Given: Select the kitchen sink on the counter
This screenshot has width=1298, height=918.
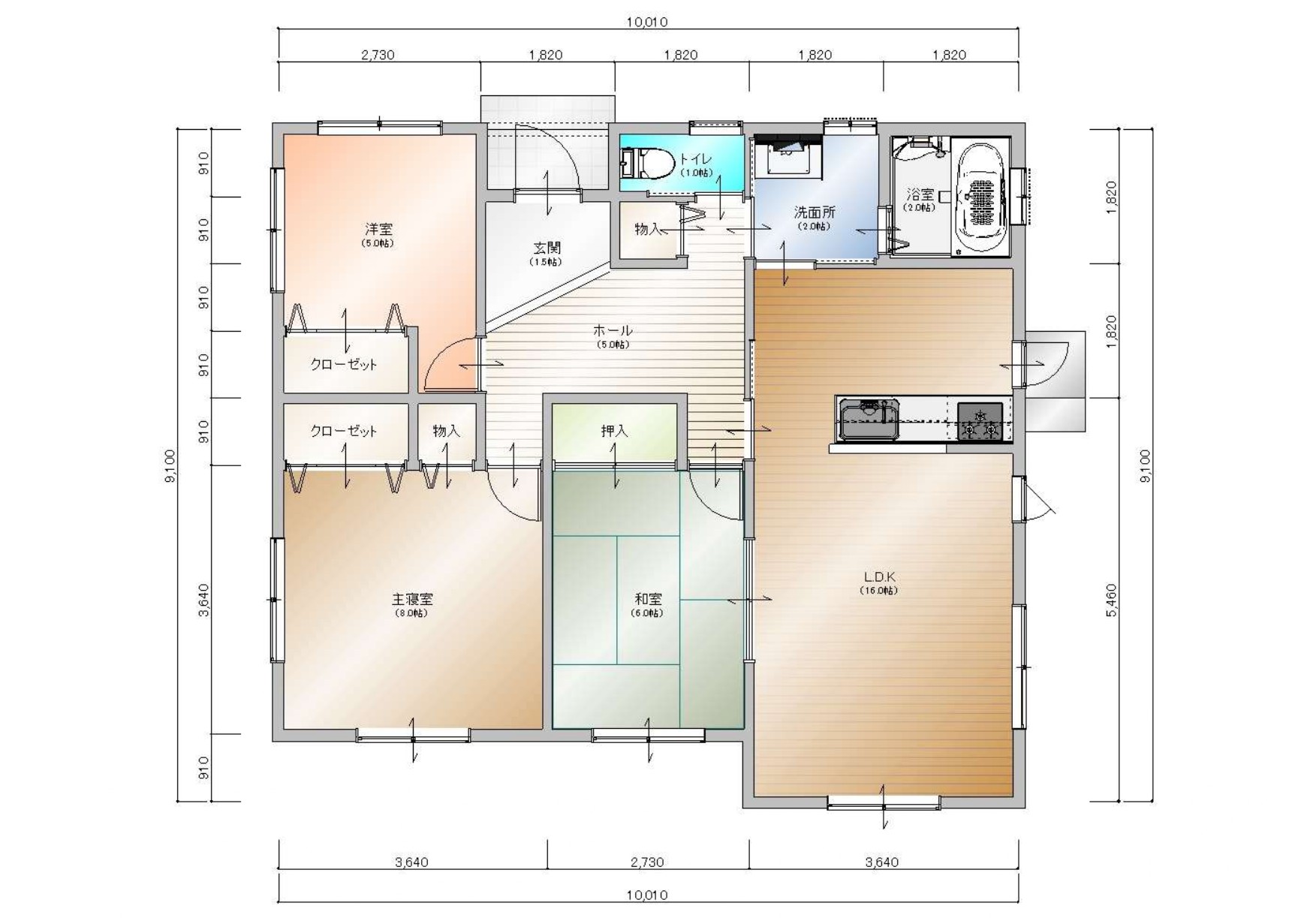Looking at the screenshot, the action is pos(869,420).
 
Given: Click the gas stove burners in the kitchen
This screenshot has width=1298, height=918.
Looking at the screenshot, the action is pos(980,421).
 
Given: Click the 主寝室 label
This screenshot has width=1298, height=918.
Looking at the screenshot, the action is pos(411,599).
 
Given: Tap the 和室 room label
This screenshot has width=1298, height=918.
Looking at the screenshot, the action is pos(648,599).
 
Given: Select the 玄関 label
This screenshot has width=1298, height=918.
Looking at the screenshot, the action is pos(547,248).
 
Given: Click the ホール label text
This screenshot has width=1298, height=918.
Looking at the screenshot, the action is pos(613,330).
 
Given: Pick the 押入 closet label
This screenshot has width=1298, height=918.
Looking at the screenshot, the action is pos(614,431).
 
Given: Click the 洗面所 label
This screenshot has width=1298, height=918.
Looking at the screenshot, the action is pos(815,212).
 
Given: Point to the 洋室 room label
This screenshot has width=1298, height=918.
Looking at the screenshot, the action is pos(378,229).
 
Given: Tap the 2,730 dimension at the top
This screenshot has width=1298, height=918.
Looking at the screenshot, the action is pos(378,55).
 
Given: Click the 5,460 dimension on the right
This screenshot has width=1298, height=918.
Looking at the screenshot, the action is pos(1112,600).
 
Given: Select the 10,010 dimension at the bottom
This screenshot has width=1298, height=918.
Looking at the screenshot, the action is pos(647,895).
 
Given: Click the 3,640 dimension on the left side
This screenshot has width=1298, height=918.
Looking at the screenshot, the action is pos(203,600).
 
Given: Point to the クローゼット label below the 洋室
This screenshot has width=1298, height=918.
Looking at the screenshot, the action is pos(344,365).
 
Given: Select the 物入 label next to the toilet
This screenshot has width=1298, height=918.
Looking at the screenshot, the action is pos(647,229).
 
